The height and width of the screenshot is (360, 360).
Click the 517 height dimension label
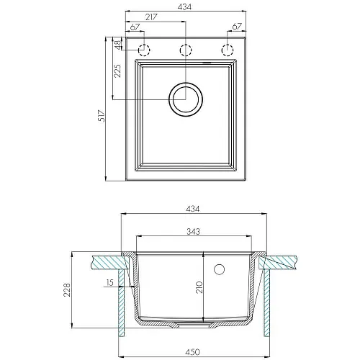point(102,116)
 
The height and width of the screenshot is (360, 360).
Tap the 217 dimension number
point(151,17)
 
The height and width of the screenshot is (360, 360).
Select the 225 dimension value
point(117,71)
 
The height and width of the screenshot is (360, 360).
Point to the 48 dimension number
point(118,45)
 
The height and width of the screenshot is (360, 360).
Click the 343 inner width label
point(193,231)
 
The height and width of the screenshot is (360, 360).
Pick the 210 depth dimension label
point(199,287)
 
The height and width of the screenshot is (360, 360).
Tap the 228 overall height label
point(67,290)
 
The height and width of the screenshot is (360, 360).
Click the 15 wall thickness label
point(109,282)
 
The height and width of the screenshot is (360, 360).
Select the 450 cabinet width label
point(193,352)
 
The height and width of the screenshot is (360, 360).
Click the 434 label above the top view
point(184,7)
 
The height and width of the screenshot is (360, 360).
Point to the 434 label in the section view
point(193,209)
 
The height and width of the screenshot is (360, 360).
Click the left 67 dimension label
point(135,27)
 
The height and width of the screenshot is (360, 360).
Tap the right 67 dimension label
point(237,26)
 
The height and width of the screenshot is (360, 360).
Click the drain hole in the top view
point(186,99)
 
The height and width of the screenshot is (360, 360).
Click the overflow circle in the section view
point(219,269)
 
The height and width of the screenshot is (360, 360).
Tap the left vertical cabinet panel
point(122,302)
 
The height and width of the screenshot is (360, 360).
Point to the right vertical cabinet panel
point(266,302)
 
